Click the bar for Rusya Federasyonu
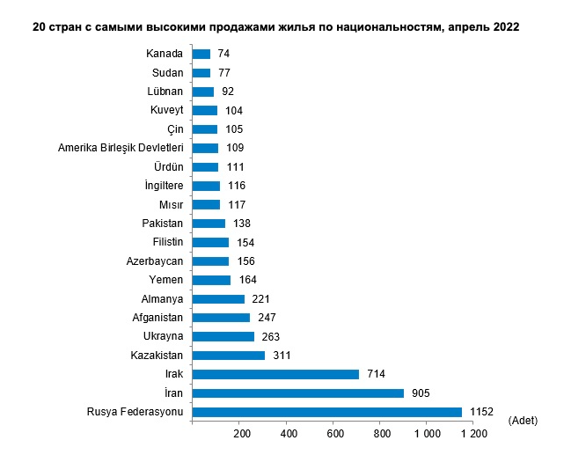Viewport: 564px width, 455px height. point(326,412)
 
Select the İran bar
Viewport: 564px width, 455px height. point(297,393)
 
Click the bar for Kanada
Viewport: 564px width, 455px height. point(201,54)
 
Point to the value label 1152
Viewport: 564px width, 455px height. point(481,412)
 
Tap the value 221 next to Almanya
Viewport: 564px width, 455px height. point(260,299)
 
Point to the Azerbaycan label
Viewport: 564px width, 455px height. point(155,261)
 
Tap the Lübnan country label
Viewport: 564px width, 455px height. point(165,92)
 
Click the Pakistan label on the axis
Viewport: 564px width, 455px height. point(162,224)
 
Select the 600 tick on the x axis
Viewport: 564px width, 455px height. point(334,434)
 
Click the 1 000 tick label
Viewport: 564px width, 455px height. point(428,434)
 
